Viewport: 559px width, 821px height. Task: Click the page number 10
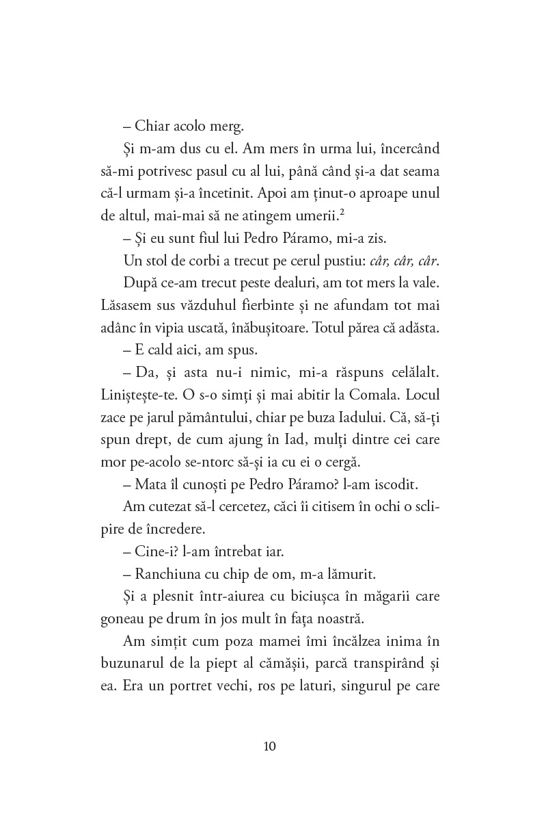click(x=269, y=746)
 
